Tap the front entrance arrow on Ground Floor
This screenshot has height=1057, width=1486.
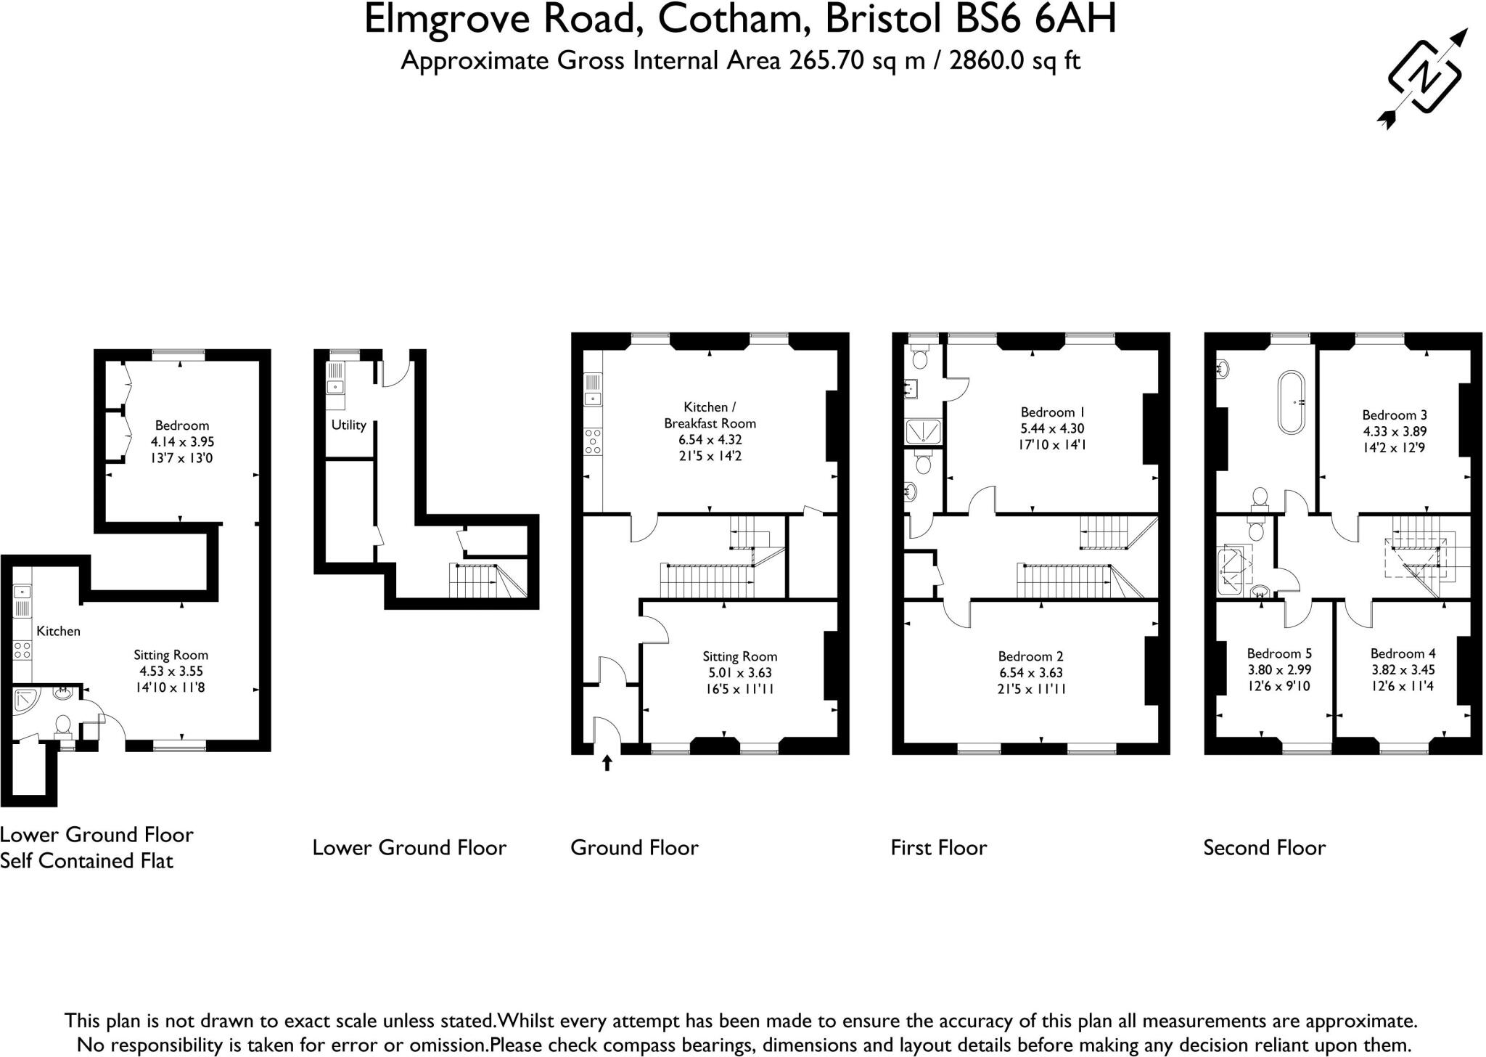(x=607, y=762)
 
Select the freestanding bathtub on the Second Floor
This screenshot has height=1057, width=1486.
(x=1291, y=402)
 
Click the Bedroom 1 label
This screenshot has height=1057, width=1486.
(x=1052, y=412)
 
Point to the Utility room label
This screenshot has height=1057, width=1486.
(x=348, y=425)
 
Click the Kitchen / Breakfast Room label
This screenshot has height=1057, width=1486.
(x=710, y=415)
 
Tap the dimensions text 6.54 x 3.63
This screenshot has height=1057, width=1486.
(x=1030, y=672)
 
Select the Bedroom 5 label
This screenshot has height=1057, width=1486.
(x=1278, y=653)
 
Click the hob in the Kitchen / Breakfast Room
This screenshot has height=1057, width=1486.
(x=593, y=441)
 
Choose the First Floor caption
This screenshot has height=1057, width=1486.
(x=938, y=847)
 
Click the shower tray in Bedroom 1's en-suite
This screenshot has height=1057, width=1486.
(x=922, y=431)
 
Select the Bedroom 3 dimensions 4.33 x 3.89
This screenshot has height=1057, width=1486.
(x=1394, y=431)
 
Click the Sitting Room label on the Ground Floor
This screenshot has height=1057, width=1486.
(x=739, y=656)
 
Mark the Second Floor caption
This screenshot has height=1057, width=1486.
(x=1264, y=847)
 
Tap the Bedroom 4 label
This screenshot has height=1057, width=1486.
(x=1402, y=653)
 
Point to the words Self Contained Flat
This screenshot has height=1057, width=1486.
(x=86, y=861)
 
